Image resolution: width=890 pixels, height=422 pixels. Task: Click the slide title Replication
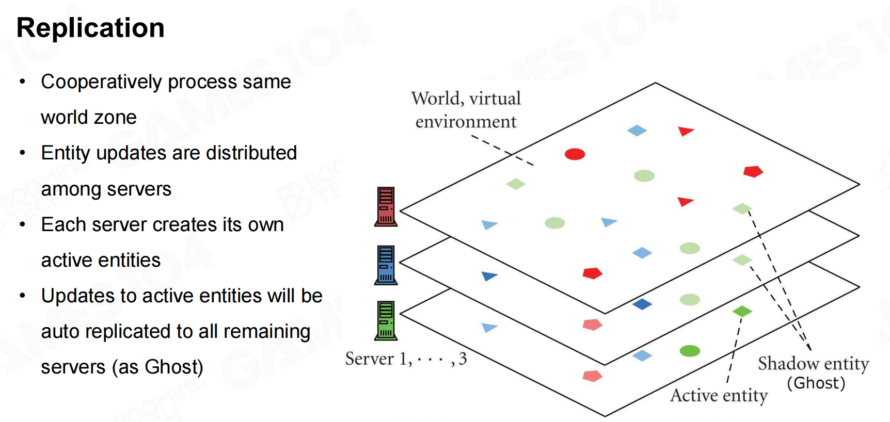pyautogui.click(x=90, y=28)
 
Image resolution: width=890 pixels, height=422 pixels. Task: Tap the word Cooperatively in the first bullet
pyautogui.click(x=101, y=82)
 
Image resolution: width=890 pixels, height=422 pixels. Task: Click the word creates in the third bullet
pyautogui.click(x=186, y=225)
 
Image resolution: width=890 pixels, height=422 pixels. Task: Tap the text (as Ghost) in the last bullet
pyautogui.click(x=157, y=367)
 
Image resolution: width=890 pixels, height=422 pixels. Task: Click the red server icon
pyautogui.click(x=386, y=206)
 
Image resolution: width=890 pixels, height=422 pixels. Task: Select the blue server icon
pyautogui.click(x=386, y=265)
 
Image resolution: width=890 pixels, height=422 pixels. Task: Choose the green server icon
pyautogui.click(x=386, y=320)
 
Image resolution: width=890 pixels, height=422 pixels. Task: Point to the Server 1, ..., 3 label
pyautogui.click(x=406, y=359)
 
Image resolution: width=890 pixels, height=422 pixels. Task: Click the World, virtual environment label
pyautogui.click(x=466, y=110)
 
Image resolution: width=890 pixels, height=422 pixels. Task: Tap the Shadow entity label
pyautogui.click(x=813, y=364)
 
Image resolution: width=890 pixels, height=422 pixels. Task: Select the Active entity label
pyautogui.click(x=719, y=396)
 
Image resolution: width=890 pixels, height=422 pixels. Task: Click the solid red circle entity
pyautogui.click(x=575, y=154)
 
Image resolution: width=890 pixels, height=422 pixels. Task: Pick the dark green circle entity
pyautogui.click(x=690, y=351)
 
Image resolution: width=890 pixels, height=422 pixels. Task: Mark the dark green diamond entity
pyautogui.click(x=742, y=312)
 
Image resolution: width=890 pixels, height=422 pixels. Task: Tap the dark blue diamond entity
pyautogui.click(x=642, y=304)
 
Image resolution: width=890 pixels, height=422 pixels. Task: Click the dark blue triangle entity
pyautogui.click(x=488, y=276)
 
